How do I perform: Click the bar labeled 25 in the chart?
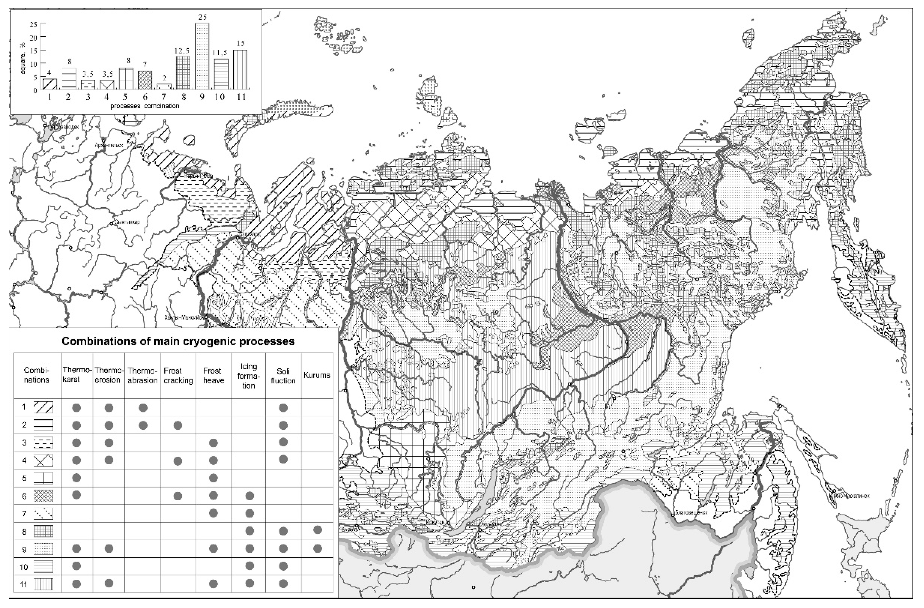coord(202,56)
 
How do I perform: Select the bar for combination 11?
coord(240,70)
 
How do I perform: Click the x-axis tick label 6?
coord(145,97)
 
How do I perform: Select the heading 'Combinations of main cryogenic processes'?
coord(178,341)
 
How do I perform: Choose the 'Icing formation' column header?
coord(249,376)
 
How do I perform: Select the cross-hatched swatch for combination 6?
coord(43,496)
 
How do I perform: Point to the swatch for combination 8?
coord(43,531)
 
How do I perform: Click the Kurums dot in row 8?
coord(317,530)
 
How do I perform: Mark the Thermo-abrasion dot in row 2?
coord(143,425)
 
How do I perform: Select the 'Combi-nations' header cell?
coord(37,375)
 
